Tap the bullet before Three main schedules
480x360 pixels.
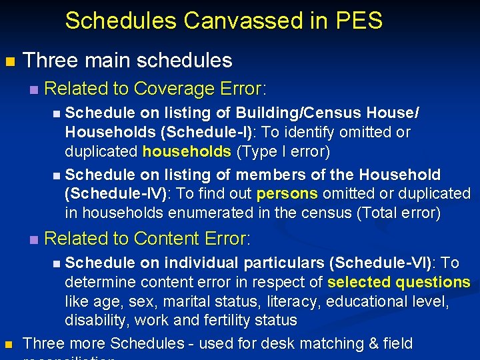9,62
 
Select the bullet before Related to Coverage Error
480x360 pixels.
34,89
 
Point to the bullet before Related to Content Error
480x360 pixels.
34,239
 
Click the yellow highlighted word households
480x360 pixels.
187,151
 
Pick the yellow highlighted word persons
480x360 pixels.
287,194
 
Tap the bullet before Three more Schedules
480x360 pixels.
9,345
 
